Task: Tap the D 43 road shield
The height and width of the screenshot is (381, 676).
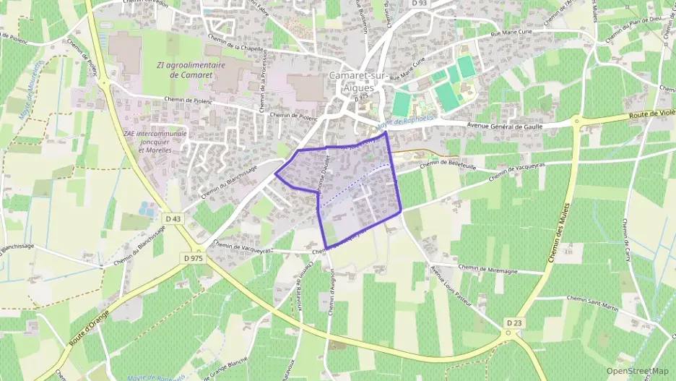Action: tap(173, 218)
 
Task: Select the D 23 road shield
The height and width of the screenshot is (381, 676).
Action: tap(513, 322)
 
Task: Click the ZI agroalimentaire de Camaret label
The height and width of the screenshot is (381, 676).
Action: tap(191, 69)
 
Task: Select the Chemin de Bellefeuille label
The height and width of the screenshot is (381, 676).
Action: tap(428, 161)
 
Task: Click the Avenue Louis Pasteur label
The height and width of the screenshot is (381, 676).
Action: tap(451, 286)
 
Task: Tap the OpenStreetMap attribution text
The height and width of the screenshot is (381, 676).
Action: tap(638, 371)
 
